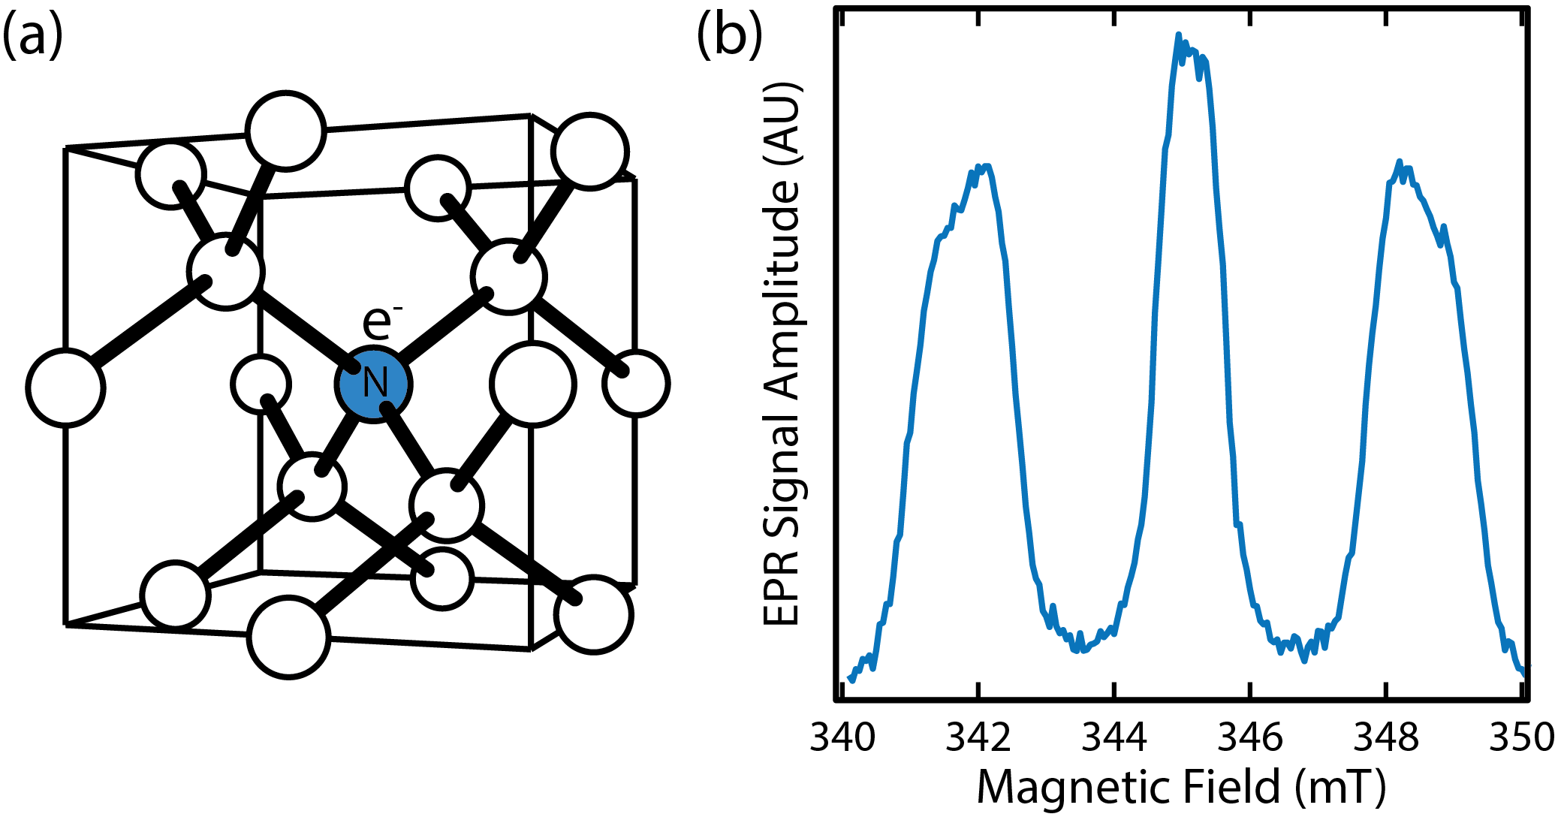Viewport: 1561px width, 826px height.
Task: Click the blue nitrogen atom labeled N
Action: (373, 384)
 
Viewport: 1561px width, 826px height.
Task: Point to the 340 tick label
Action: (842, 737)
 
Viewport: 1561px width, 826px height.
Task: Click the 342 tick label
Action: (978, 737)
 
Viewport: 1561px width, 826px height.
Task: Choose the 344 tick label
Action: (1114, 737)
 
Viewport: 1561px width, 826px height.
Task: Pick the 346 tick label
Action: (1250, 737)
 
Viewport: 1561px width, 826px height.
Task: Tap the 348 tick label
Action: (1386, 737)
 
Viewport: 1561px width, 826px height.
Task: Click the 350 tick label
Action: (1522, 737)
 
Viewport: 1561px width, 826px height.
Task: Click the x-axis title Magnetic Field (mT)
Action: (1181, 787)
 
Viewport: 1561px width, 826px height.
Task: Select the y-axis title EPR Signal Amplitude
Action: (782, 353)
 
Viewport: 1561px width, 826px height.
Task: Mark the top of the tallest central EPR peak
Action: (1179, 35)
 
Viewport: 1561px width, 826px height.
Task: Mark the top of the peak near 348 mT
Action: (1399, 162)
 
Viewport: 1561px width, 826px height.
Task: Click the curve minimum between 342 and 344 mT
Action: (1080, 650)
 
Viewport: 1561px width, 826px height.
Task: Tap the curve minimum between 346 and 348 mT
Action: (1303, 658)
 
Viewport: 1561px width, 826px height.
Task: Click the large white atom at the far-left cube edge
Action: (65, 387)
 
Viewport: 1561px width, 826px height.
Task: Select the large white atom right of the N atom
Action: (533, 384)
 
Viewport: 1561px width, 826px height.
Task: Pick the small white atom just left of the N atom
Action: (261, 384)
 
